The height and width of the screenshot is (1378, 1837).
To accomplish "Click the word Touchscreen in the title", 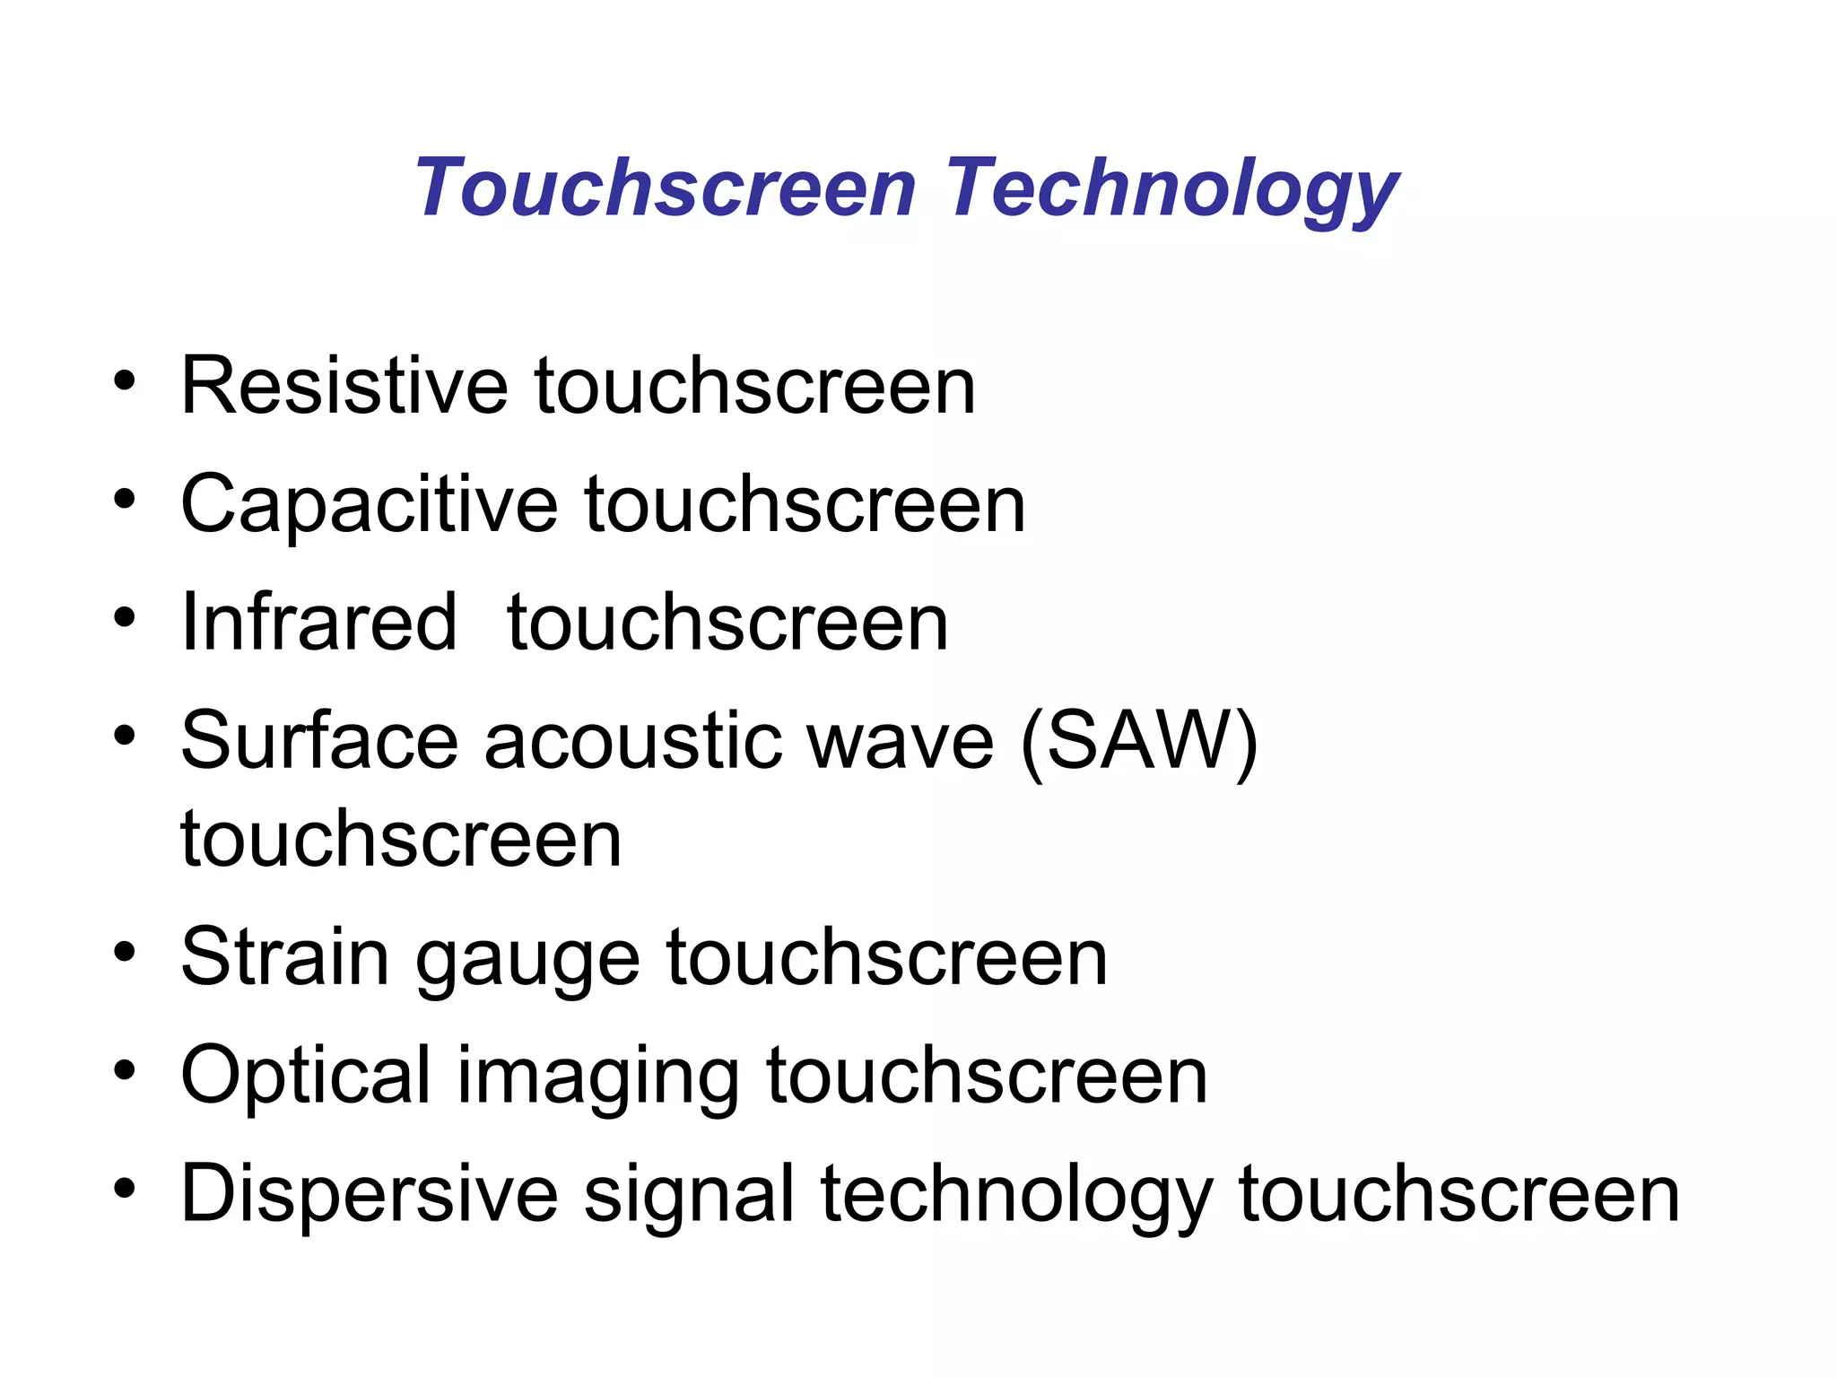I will pos(665,188).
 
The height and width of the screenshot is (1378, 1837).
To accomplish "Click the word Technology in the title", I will pos(1171,190).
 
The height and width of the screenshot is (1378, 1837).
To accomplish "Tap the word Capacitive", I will pos(369,506).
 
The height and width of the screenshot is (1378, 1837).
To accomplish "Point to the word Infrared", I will pos(319,623).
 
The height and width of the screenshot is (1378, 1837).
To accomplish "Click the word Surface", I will pos(318,741).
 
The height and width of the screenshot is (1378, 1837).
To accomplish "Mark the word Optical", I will pos(306,1076).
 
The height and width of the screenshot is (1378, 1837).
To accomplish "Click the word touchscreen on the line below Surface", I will pos(401,840).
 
